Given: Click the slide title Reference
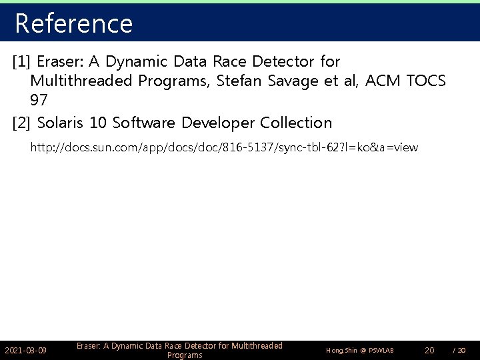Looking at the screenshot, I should [73, 23].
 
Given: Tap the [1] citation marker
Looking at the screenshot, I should [22, 62].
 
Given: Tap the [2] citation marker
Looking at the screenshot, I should [22, 123].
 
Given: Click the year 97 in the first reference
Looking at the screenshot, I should [38, 101].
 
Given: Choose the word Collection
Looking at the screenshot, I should [296, 123].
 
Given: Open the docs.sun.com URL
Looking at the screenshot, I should [224, 147].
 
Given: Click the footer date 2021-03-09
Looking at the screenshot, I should [25, 350].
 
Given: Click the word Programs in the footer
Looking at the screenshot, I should [185, 355].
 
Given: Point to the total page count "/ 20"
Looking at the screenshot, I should [459, 350].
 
